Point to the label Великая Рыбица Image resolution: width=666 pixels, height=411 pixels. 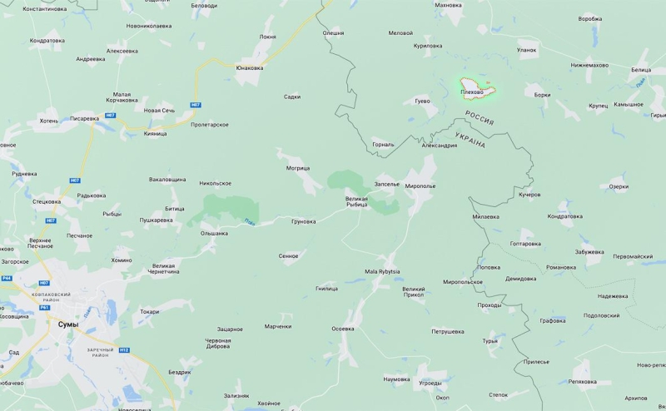[362, 201]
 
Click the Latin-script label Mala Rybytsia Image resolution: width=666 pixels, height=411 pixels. [382, 271]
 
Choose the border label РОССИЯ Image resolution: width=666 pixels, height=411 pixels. [480, 117]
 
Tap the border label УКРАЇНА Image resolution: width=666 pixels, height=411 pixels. [470, 140]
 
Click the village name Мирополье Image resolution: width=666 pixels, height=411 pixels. [420, 186]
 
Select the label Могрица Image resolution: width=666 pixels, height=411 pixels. [298, 168]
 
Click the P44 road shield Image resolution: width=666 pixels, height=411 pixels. [6, 279]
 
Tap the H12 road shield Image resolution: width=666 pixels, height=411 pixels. [124, 349]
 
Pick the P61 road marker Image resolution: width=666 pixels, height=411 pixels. [44, 308]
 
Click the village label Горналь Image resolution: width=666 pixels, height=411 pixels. [383, 143]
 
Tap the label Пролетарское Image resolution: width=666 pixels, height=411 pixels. [210, 125]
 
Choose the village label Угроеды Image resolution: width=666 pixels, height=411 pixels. [430, 383]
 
